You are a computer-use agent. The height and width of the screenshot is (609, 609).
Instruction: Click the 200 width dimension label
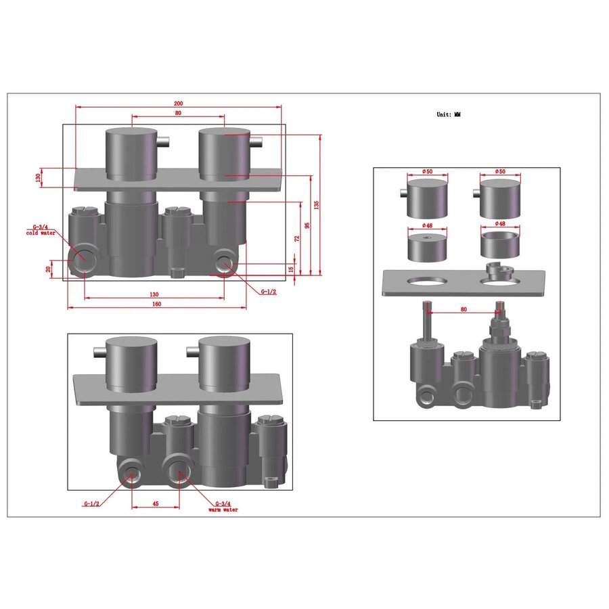(178, 104)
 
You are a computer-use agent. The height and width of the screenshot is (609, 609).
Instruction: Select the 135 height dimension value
(317, 205)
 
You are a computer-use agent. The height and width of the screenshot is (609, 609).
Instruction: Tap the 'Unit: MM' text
(448, 115)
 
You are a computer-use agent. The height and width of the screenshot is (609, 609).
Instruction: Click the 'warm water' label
(223, 510)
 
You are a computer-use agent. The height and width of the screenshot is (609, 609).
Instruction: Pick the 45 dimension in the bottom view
(155, 503)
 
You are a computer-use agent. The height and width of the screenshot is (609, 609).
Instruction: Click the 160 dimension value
(156, 304)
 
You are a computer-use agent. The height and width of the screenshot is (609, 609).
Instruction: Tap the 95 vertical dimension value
(307, 225)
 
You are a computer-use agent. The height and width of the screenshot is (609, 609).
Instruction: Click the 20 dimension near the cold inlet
(48, 269)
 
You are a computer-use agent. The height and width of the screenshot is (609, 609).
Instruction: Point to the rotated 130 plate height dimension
(39, 177)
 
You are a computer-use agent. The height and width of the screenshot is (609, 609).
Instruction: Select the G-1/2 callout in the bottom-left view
(91, 504)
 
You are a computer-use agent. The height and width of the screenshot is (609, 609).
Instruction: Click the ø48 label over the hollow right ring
(500, 224)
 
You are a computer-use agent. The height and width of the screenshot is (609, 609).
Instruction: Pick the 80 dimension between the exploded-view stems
(464, 309)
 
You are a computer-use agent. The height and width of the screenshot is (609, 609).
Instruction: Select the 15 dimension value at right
(291, 269)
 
